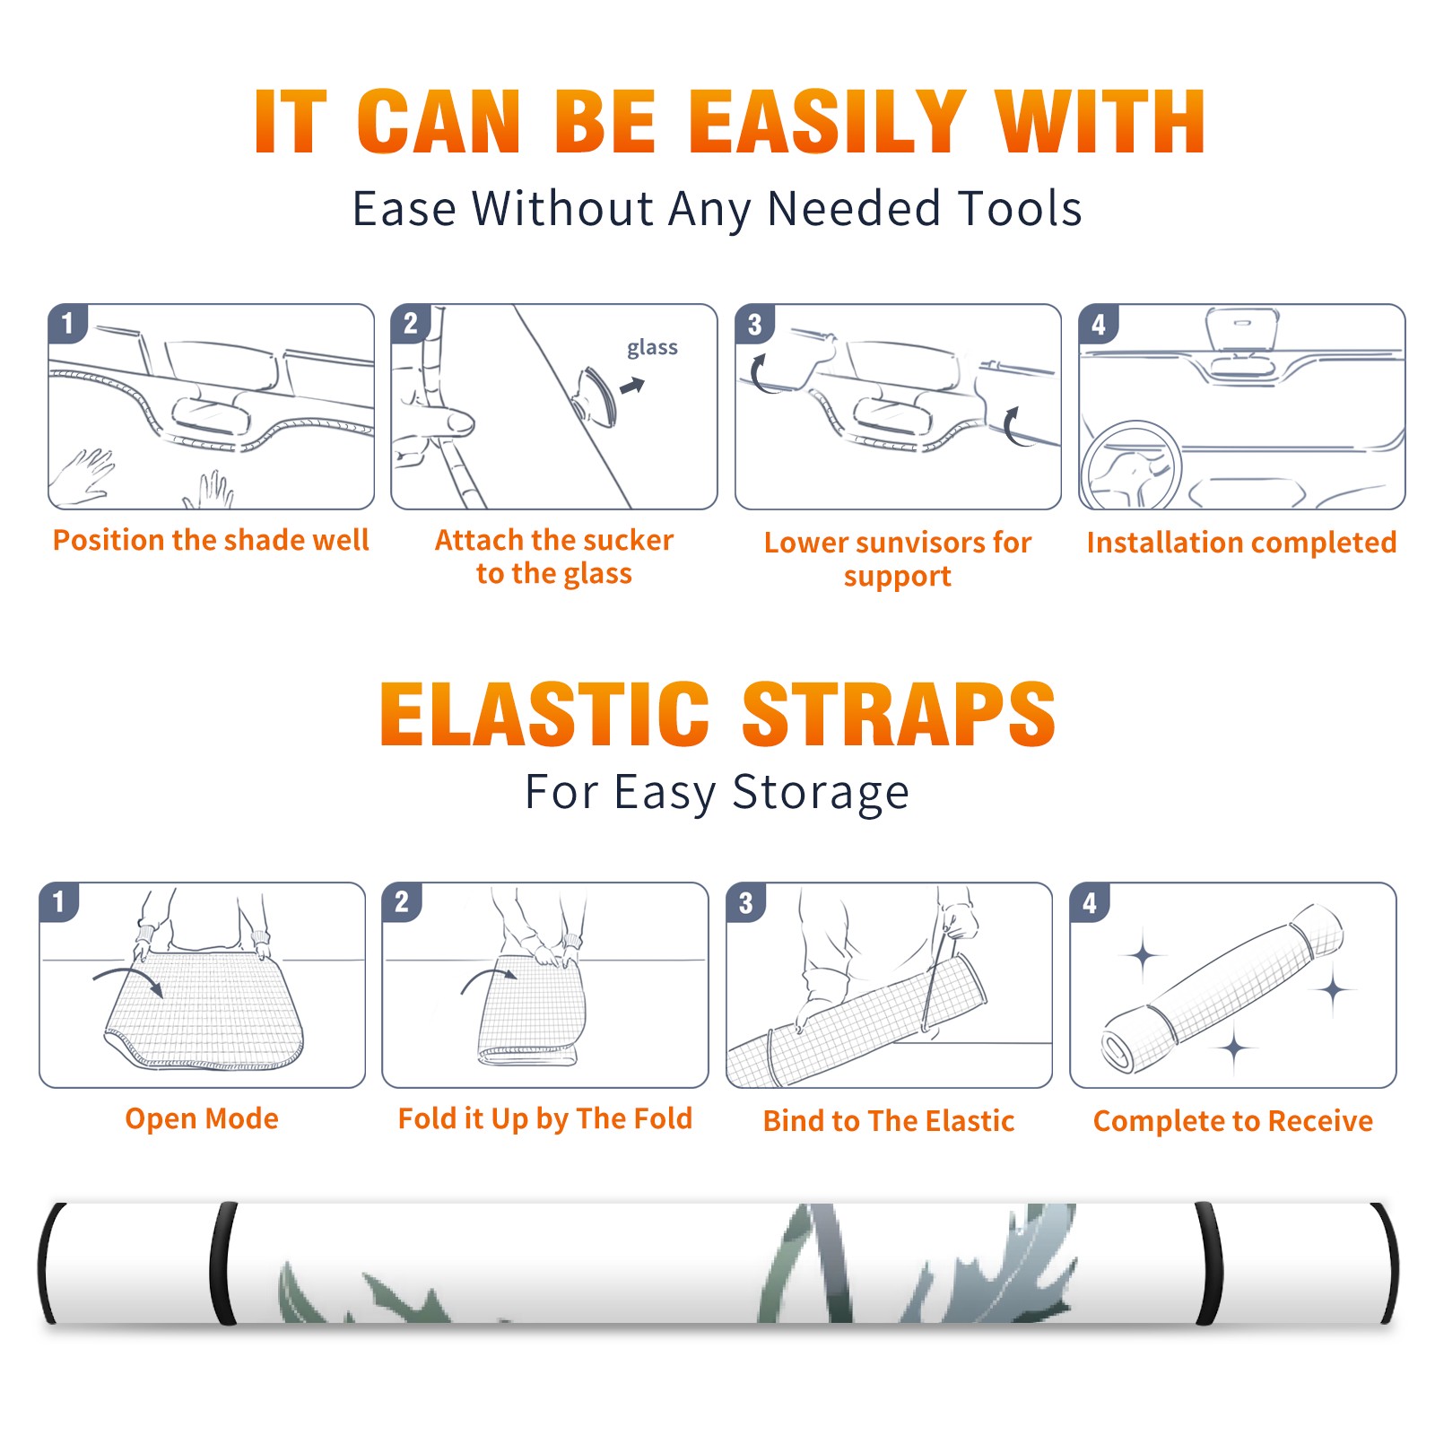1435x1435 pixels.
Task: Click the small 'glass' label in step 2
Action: [x=652, y=348]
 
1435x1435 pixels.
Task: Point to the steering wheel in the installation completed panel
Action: [x=1132, y=465]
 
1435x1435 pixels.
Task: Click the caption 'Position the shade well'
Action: [x=211, y=540]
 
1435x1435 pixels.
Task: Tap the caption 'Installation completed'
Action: [x=1241, y=542]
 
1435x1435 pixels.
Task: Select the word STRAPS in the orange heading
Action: [x=899, y=714]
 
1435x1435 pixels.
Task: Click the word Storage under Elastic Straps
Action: [x=821, y=793]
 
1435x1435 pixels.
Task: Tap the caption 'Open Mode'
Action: [x=202, y=1118]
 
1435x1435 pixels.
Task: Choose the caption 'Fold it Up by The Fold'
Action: [x=545, y=1119]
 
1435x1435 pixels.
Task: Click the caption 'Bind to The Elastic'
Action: [x=889, y=1121]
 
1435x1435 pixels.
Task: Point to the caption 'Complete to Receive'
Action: [x=1233, y=1121]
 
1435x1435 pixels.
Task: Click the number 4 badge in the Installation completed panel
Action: [x=1099, y=324]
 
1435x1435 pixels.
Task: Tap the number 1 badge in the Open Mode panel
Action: [x=59, y=901]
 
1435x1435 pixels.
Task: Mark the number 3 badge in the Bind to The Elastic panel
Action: [x=746, y=902]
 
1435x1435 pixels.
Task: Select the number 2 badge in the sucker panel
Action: [x=411, y=324]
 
